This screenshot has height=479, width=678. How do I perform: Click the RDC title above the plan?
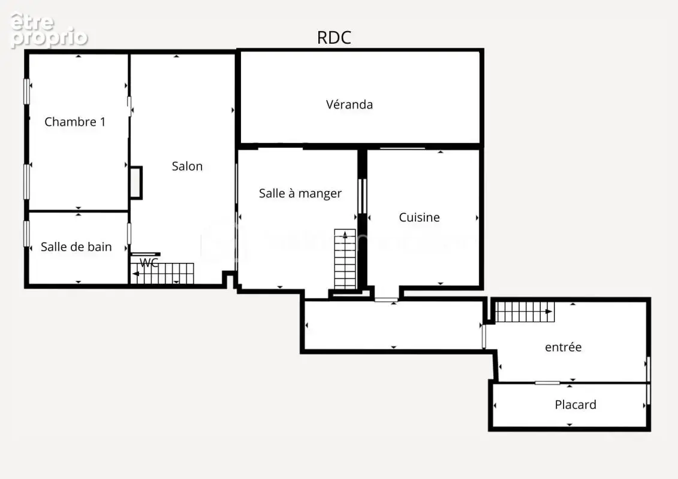tap(334, 38)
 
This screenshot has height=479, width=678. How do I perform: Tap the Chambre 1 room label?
tap(75, 122)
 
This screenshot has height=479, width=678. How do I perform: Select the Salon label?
tap(187, 166)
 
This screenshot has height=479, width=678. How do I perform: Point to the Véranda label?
tap(349, 105)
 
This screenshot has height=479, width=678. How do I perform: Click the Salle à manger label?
tap(300, 193)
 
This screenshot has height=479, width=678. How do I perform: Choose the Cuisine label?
tap(419, 217)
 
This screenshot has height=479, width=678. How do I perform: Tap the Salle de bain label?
tap(76, 247)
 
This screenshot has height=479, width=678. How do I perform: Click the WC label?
tap(149, 263)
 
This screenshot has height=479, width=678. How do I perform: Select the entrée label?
tap(563, 347)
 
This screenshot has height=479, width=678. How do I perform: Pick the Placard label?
tap(575, 405)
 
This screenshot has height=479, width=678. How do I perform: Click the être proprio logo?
tap(49, 29)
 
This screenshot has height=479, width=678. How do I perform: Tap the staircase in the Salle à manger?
tap(345, 259)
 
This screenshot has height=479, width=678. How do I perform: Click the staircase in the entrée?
tap(525, 311)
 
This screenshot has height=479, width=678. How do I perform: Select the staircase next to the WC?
tap(162, 274)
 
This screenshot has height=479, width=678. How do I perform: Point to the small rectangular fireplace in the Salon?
tap(136, 183)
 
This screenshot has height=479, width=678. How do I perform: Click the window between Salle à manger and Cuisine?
tap(363, 196)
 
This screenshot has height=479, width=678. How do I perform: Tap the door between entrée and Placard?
tap(547, 383)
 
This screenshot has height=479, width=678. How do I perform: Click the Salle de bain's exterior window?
tap(27, 234)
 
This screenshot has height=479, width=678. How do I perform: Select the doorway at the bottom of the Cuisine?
tap(386, 299)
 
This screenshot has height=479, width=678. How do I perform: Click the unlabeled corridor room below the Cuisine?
tap(393, 325)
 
